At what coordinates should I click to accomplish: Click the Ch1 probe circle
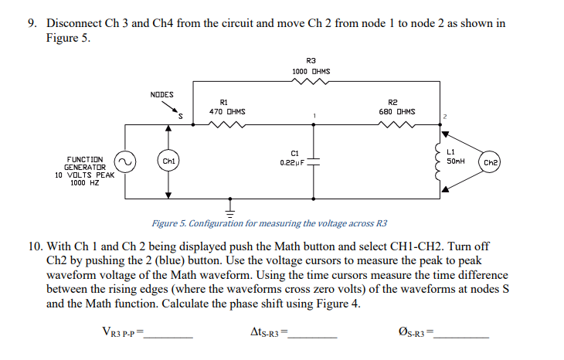[x=168, y=161]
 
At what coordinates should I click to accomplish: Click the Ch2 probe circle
[x=491, y=163]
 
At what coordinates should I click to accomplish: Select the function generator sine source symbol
[x=125, y=161]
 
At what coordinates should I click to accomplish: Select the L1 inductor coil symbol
[x=441, y=162]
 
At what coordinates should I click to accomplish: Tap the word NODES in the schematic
[x=161, y=95]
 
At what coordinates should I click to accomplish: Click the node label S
[x=180, y=117]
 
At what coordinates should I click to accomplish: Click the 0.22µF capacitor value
[x=294, y=163]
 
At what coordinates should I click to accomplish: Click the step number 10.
[x=34, y=246]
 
